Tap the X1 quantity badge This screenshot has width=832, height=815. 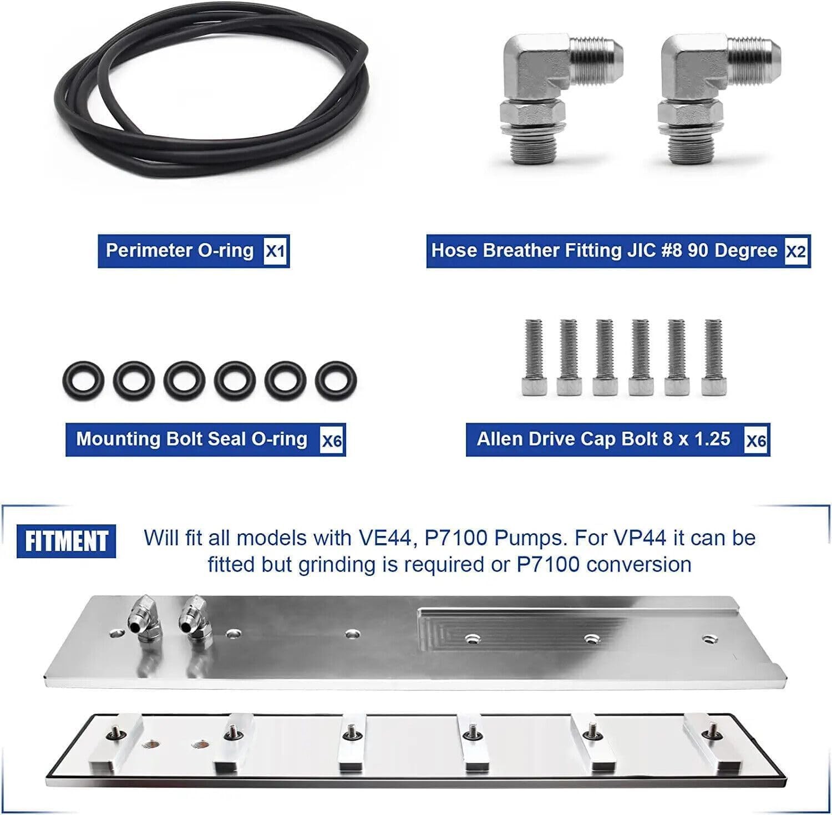tap(276, 251)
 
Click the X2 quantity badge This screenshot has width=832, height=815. tap(795, 251)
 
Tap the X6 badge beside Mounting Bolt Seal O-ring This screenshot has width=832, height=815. tap(332, 441)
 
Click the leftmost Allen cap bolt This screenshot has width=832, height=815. tap(534, 357)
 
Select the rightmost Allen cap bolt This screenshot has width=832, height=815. tap(713, 357)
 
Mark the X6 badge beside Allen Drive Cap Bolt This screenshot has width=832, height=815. tap(757, 441)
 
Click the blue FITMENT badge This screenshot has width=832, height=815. tap(67, 541)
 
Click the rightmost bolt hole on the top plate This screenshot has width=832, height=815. tap(708, 639)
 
